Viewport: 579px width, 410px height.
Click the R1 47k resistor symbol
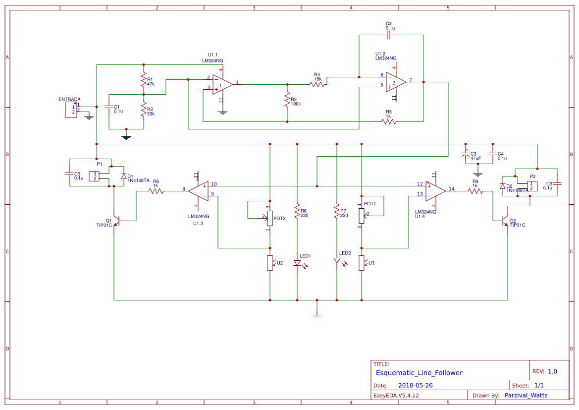pos(144,80)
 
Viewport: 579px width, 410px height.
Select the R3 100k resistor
pos(287,101)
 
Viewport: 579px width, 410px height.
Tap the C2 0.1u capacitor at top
pos(389,35)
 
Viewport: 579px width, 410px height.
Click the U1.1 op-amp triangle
pos(222,84)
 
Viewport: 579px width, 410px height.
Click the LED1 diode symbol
pos(297,262)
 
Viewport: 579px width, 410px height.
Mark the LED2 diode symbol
pos(337,260)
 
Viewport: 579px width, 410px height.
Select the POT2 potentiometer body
pos(270,217)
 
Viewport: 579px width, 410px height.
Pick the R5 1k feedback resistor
pos(389,121)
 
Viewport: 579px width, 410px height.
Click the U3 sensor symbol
pos(362,263)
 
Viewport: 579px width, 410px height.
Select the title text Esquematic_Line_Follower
pos(419,373)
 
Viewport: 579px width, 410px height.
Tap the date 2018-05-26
pos(415,385)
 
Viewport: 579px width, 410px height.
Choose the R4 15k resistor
pos(317,84)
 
